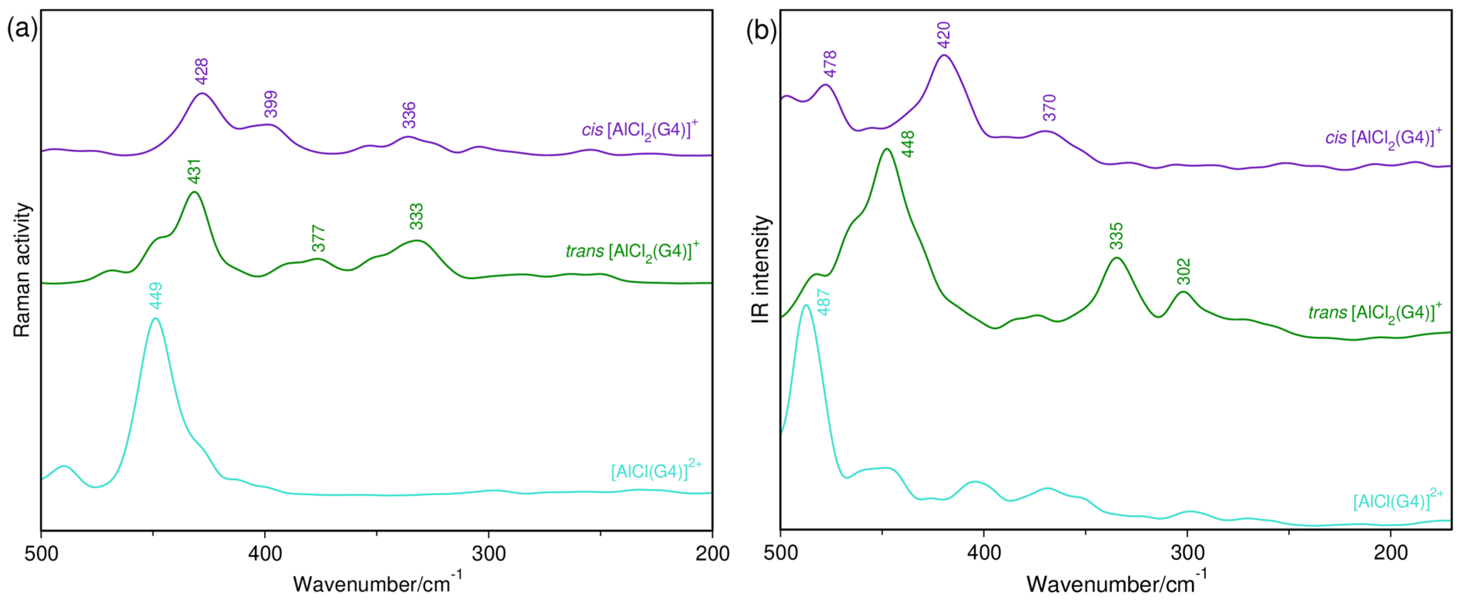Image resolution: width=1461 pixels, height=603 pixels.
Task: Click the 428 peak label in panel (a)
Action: point(202,72)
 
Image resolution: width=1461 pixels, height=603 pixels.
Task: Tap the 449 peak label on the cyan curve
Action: point(156,296)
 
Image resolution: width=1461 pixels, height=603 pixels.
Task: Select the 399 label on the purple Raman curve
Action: point(271,104)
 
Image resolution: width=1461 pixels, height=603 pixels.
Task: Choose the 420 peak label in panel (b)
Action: point(944,35)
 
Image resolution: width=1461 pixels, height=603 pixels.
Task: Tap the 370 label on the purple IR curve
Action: point(1050,108)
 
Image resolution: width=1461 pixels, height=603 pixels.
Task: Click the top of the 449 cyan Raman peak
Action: point(155,319)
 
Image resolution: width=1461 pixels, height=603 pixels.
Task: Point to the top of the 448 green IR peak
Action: point(886,149)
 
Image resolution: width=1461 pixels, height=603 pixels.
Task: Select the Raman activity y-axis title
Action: point(22,270)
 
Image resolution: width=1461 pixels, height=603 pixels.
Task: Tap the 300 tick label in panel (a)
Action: point(489,554)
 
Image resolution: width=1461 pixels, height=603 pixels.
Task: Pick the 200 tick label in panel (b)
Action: point(1390,554)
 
